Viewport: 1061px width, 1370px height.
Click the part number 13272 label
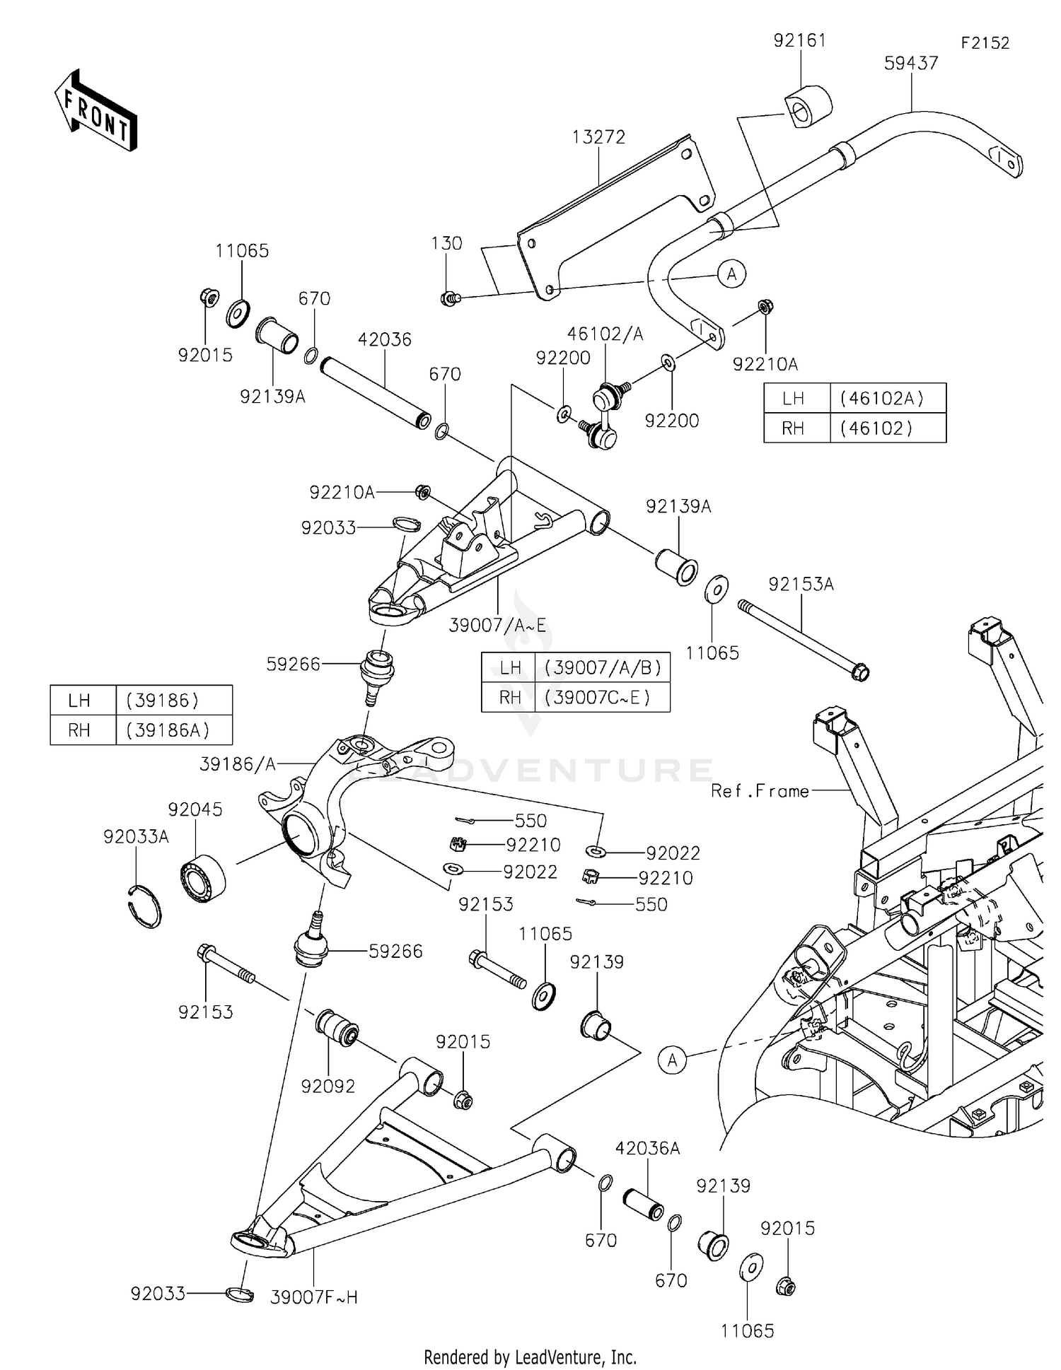point(598,137)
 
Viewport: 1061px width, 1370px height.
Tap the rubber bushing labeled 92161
point(807,106)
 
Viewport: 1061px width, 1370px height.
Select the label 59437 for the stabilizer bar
point(911,64)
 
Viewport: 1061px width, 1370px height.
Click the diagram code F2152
point(985,43)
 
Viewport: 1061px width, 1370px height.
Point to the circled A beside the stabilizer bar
point(731,274)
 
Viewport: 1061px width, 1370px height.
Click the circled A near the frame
point(672,1060)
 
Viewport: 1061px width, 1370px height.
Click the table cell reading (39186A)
point(168,730)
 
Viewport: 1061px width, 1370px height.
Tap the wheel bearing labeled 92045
point(203,877)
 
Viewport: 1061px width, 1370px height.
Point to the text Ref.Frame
point(760,791)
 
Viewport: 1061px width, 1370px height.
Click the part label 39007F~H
point(313,1297)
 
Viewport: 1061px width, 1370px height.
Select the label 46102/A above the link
point(605,334)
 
